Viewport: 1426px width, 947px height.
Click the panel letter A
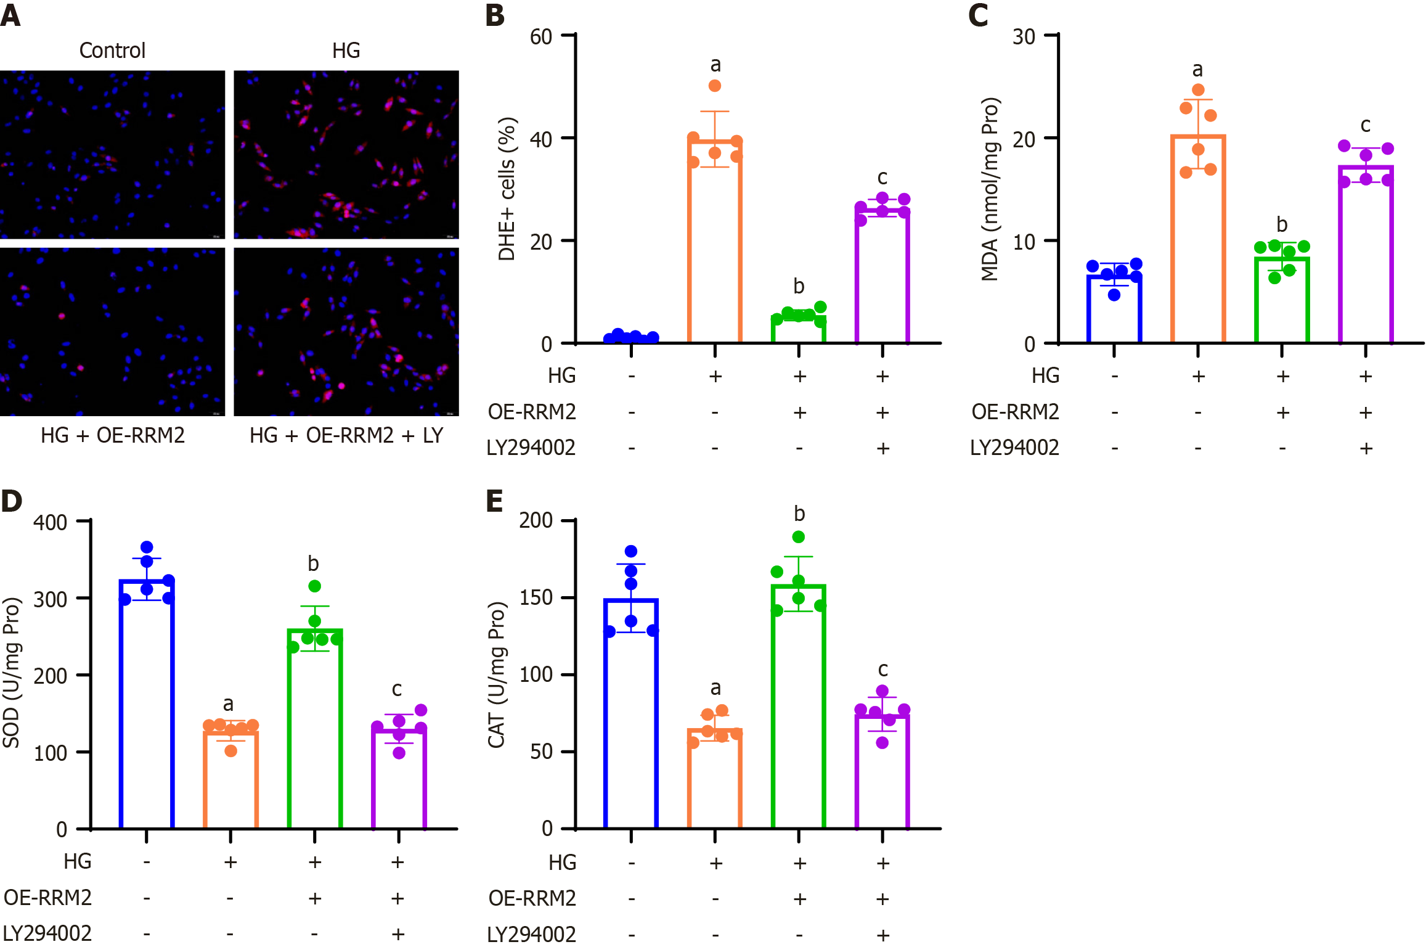click(x=10, y=15)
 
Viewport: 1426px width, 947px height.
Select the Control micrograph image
click(x=112, y=154)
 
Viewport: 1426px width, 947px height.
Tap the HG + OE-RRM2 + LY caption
click(x=346, y=436)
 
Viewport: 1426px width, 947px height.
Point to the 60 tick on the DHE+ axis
click(x=541, y=37)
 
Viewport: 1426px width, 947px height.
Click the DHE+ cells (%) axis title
click(x=507, y=189)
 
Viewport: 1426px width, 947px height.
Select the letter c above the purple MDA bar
click(x=1366, y=125)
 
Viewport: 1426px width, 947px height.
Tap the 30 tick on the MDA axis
click(x=1024, y=37)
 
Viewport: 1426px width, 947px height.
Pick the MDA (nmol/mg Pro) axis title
click(x=990, y=189)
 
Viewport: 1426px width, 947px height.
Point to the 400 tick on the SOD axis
click(x=51, y=523)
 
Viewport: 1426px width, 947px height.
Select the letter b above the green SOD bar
click(x=313, y=564)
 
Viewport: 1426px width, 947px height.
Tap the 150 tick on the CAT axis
click(x=536, y=597)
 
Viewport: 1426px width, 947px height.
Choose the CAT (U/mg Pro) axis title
click(x=497, y=674)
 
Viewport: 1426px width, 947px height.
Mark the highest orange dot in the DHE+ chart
click(x=715, y=86)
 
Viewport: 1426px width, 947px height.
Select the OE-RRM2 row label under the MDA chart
click(x=1015, y=412)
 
